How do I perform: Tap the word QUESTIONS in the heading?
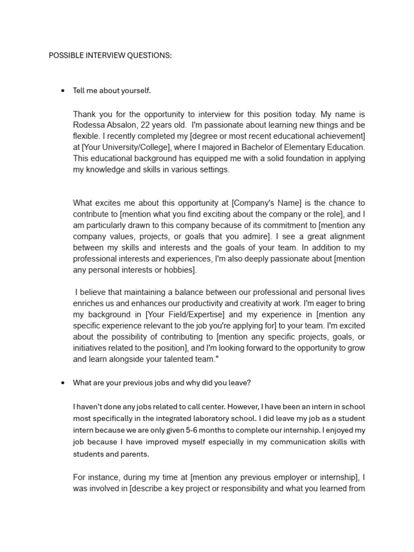tap(148, 56)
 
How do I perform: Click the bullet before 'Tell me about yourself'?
tap(63, 91)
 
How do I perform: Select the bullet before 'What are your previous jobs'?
tap(63, 383)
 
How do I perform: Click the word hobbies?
tap(181, 270)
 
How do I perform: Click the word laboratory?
tap(210, 419)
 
